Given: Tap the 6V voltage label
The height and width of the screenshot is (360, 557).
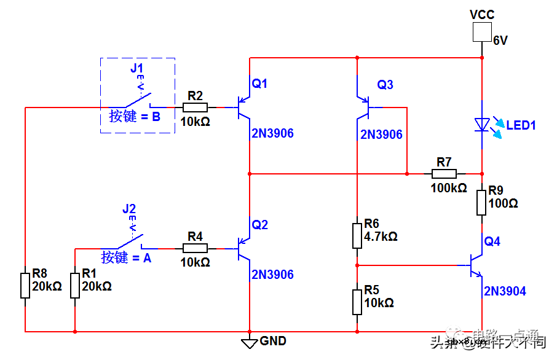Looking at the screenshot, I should click(500, 41).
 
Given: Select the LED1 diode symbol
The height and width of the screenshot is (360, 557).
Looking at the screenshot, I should click(481, 125).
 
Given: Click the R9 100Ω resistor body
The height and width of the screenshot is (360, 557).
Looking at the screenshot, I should click(481, 202).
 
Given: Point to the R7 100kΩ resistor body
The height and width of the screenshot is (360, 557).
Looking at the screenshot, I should click(444, 173).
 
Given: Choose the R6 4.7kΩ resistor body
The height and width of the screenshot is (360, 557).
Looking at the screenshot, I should click(357, 235).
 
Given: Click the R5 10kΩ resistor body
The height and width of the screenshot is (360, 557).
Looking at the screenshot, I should click(357, 302).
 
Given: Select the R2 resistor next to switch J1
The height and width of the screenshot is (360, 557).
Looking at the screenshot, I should click(195, 108).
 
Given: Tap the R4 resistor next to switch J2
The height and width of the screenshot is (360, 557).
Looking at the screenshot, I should click(195, 248).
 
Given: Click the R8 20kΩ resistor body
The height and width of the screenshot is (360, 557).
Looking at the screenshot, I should click(25, 286).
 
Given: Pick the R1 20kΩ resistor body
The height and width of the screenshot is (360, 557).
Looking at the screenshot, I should click(75, 286).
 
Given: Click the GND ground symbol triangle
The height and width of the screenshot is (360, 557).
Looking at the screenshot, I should click(249, 343).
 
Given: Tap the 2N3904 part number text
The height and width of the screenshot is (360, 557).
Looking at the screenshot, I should click(505, 291).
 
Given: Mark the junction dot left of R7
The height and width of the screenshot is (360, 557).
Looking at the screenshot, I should click(407, 173).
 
